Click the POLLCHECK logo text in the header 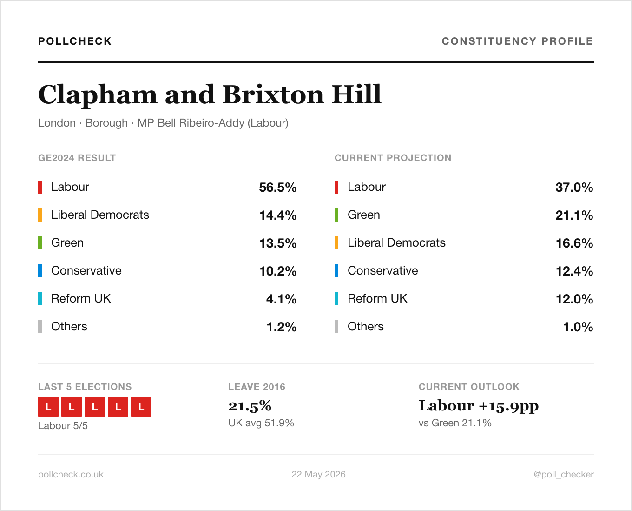point(75,41)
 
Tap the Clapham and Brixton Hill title point(210,94)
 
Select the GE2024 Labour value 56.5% point(278,187)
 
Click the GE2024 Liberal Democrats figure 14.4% point(278,215)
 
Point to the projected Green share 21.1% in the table point(574,215)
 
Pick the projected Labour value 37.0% point(574,187)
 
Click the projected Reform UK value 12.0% point(574,299)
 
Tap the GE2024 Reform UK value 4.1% point(281,299)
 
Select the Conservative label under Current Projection point(383,271)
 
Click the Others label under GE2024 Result point(69,327)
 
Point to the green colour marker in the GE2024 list point(40,243)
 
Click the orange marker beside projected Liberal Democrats point(336,243)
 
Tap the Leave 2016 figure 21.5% point(250,406)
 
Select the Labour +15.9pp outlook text point(479,406)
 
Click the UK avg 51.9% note point(261,423)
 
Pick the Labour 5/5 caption point(63,426)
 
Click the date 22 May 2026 point(318,474)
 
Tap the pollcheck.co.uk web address point(71,474)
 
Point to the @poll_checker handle point(564,474)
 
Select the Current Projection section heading point(393,158)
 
